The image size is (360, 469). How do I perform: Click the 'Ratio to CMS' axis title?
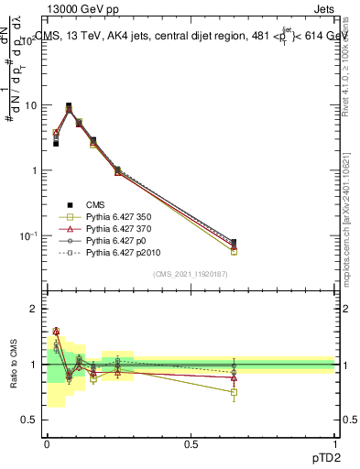[x=14, y=365]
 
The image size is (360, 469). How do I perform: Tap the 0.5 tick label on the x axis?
[x=191, y=444]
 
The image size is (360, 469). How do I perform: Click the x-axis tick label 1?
[x=335, y=444]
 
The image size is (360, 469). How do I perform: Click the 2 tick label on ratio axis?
[x=35, y=310]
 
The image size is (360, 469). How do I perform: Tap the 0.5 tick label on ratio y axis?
[x=31, y=420]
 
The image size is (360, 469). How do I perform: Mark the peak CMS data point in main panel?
[x=69, y=105]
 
